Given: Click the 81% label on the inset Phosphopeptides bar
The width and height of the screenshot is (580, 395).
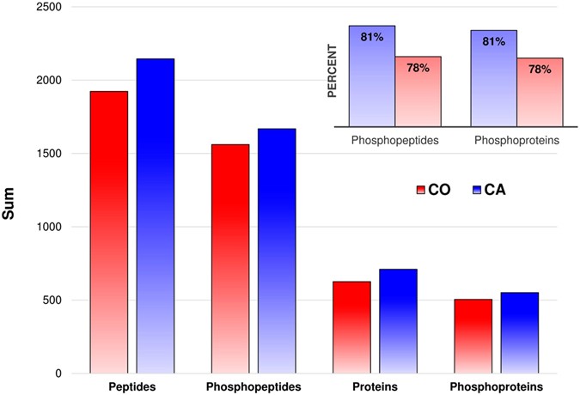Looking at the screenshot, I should [x=371, y=37].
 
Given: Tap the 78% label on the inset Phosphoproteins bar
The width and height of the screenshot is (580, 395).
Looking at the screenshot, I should [x=539, y=70].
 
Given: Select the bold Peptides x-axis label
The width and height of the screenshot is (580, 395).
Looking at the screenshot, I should [x=130, y=387].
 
